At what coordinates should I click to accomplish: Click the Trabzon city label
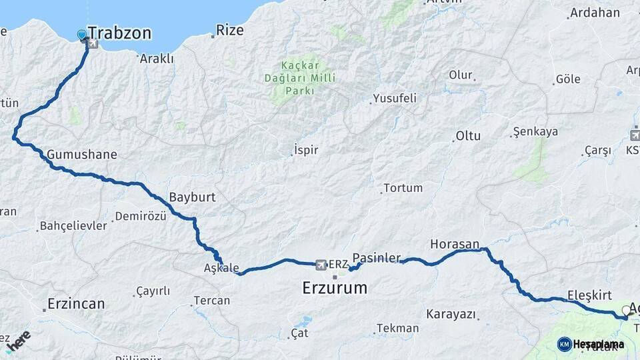pyautogui.click(x=119, y=33)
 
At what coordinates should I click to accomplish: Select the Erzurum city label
pyautogui.click(x=335, y=288)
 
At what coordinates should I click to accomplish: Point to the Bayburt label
pyautogui.click(x=192, y=197)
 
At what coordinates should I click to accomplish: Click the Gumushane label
pyautogui.click(x=82, y=155)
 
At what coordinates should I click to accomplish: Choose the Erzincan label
pyautogui.click(x=75, y=304)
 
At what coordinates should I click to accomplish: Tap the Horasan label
pyautogui.click(x=455, y=243)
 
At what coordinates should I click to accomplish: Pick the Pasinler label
pyautogui.click(x=377, y=257)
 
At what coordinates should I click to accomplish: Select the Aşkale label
pyautogui.click(x=221, y=268)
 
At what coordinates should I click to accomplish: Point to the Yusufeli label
pyautogui.click(x=395, y=98)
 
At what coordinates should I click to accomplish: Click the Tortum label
pyautogui.click(x=403, y=188)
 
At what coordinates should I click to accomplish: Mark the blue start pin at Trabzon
pyautogui.click(x=81, y=35)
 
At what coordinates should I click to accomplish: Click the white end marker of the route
pyautogui.click(x=625, y=310)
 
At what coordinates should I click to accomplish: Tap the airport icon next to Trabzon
pyautogui.click(x=91, y=45)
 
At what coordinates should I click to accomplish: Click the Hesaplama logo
pyautogui.click(x=591, y=344)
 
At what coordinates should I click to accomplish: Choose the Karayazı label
pyautogui.click(x=451, y=313)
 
